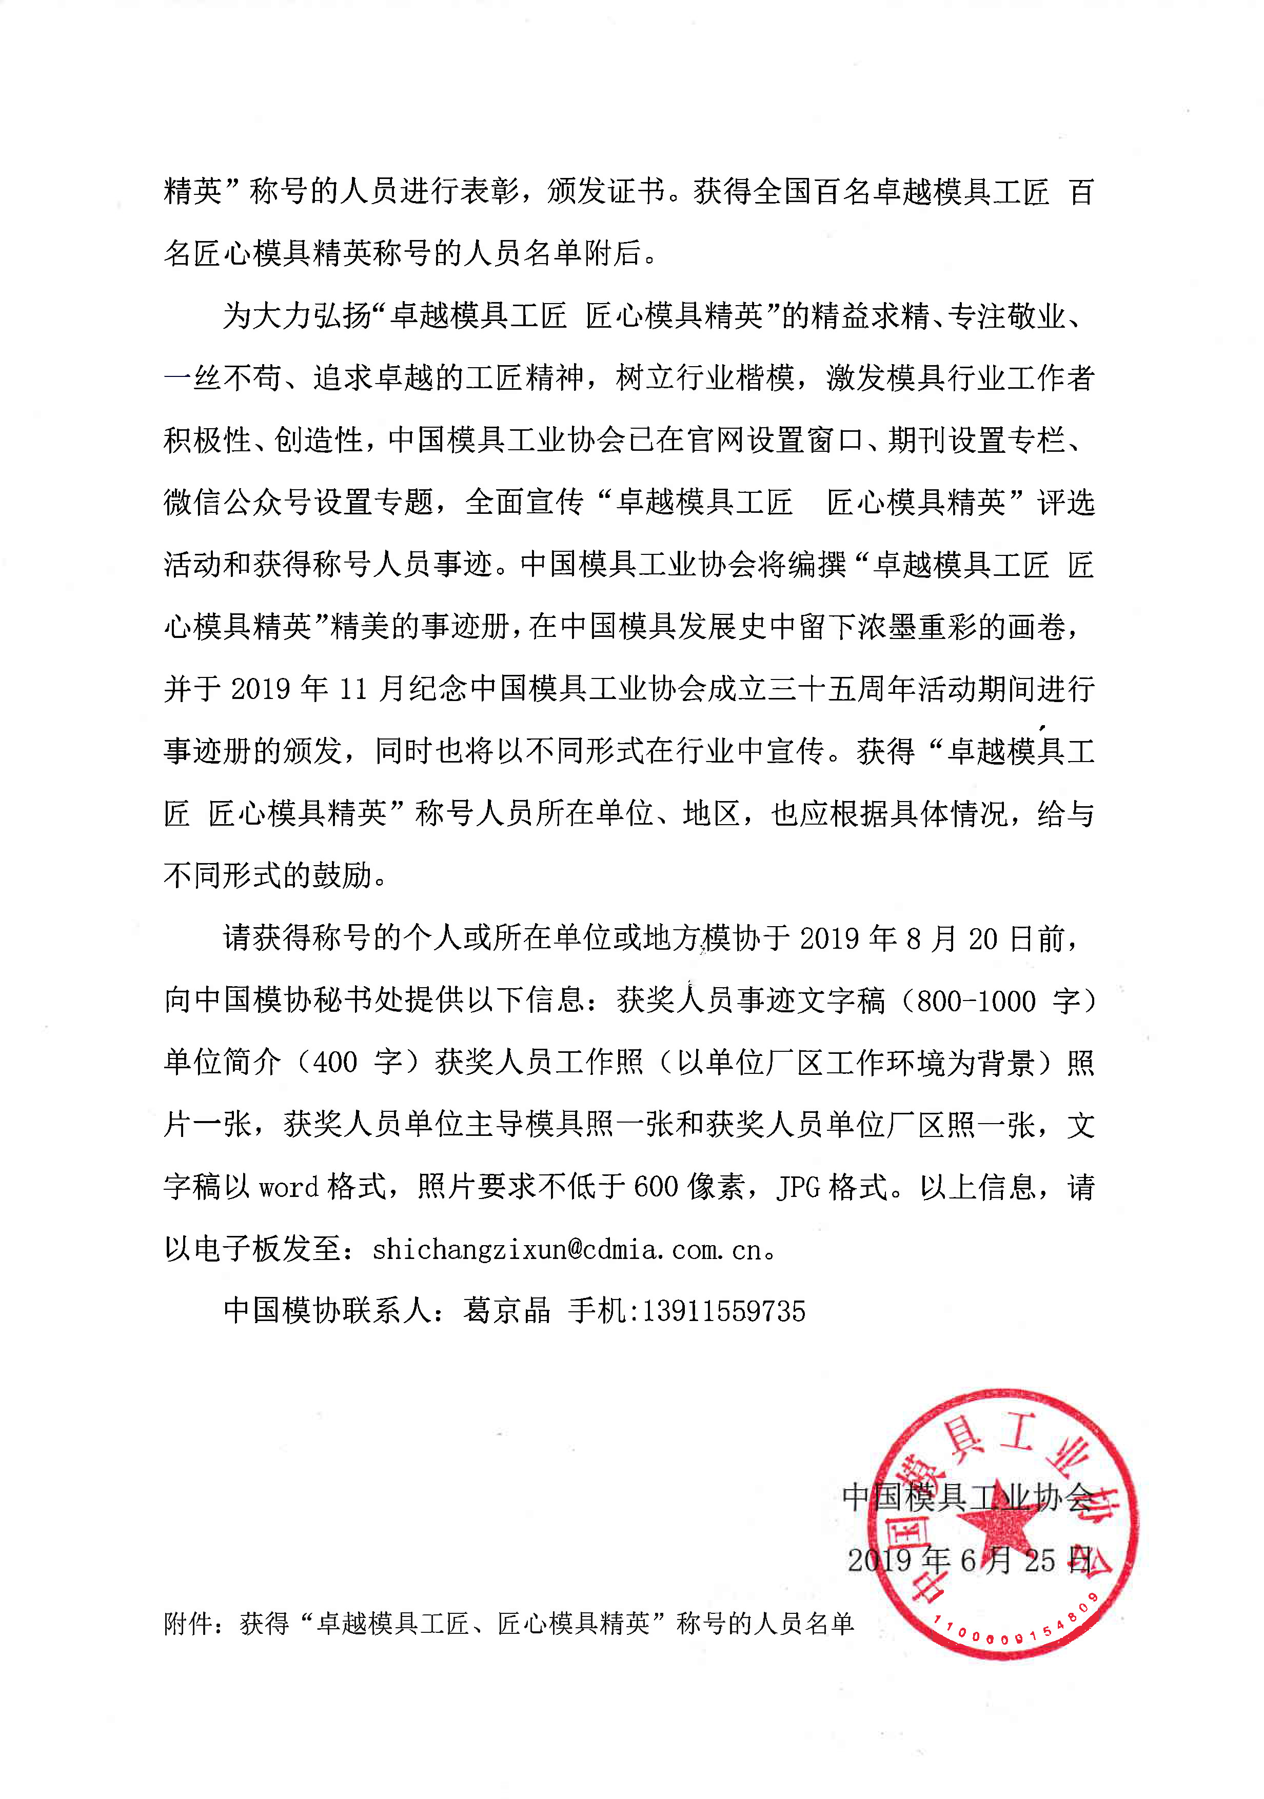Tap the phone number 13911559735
coord(723,1311)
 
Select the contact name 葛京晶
coord(507,1311)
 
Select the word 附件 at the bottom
coord(189,1624)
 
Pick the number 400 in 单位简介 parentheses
coord(334,1063)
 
